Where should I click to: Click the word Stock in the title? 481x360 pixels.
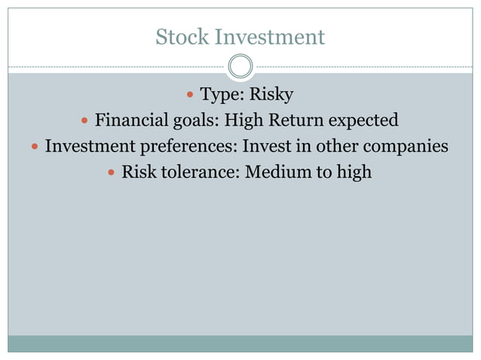coord(182,37)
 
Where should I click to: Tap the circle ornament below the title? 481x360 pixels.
coord(240,67)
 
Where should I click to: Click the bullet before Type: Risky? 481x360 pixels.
coord(189,96)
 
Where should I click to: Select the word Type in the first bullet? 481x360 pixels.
coord(219,95)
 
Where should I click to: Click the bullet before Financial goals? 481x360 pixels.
coord(85,121)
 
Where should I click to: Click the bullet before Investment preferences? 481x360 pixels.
coord(35,146)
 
